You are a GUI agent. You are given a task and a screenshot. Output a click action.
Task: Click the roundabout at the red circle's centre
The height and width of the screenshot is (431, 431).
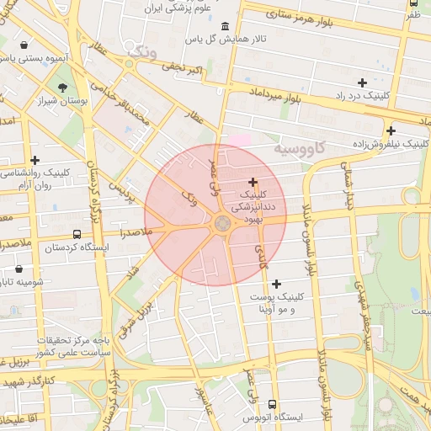pos(222,223)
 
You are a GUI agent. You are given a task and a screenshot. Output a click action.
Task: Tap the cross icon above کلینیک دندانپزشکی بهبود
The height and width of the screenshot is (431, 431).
pos(253,182)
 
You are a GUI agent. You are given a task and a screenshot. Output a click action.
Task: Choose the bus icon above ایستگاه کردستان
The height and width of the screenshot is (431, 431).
pos(77,235)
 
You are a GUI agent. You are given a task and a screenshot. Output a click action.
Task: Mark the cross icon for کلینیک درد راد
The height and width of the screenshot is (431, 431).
pos(362,82)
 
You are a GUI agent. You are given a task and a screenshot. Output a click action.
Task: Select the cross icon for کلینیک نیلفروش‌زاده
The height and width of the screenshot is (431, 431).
pos(391,130)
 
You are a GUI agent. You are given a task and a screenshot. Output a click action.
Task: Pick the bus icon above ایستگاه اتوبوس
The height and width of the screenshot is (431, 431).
pos(272,404)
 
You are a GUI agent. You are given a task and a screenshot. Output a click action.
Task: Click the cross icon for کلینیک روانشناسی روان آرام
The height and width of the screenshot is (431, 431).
pos(35,160)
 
